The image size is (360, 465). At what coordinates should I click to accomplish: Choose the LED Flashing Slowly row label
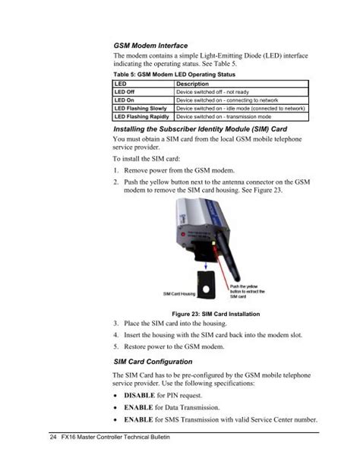click(140, 109)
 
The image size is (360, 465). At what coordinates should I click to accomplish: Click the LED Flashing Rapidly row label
click(142, 118)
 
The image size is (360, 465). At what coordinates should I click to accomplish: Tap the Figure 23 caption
click(216, 314)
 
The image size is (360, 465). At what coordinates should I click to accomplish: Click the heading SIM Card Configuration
click(153, 361)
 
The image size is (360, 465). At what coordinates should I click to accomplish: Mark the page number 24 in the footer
click(53, 440)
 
